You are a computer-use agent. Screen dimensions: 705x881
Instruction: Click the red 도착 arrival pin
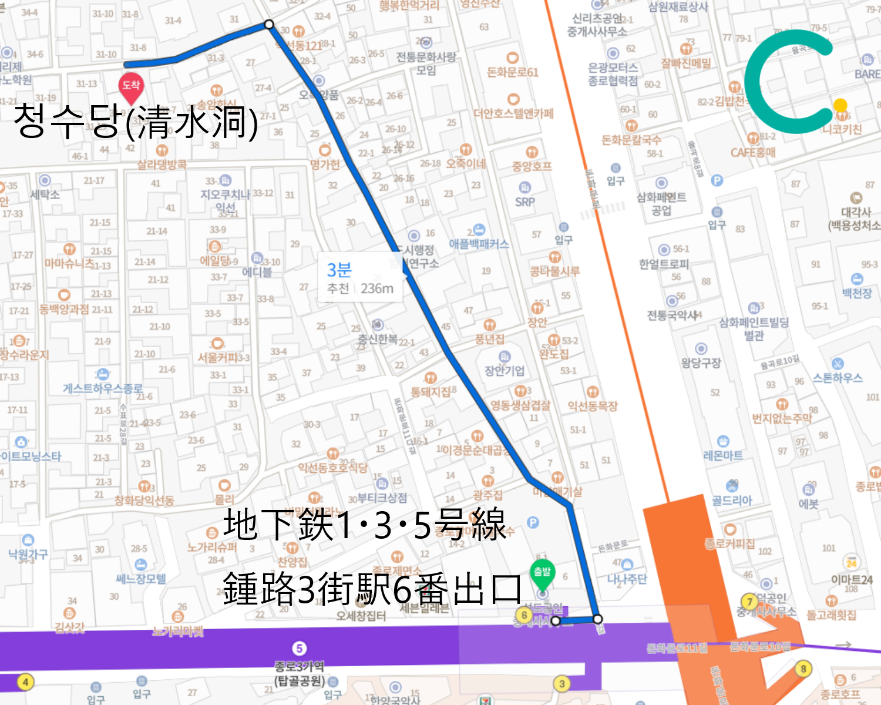[x=130, y=86]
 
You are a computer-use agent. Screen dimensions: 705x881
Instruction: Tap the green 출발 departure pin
[x=542, y=572]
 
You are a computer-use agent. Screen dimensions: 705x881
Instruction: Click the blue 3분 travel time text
[x=339, y=270]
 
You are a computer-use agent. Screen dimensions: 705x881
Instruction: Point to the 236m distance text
[x=377, y=289]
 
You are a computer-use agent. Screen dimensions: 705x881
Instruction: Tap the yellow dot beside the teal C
[x=840, y=105]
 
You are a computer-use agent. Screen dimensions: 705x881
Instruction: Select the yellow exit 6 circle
[x=524, y=615]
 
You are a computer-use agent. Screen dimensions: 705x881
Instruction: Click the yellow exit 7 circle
[x=749, y=602]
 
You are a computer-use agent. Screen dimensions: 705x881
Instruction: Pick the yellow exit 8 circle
[x=803, y=669]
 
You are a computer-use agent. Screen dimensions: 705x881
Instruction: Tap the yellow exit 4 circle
[x=25, y=682]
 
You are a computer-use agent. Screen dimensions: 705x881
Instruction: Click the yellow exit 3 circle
[x=562, y=683]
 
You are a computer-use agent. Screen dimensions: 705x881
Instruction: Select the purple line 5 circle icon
[x=300, y=648]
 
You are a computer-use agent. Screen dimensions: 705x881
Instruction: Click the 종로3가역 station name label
[x=300, y=666]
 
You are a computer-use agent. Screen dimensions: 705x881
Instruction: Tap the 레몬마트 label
[x=723, y=455]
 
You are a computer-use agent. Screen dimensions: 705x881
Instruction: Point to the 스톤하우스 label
[x=838, y=378]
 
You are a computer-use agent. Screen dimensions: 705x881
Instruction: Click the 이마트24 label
[x=852, y=579]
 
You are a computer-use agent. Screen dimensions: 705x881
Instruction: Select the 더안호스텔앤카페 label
[x=513, y=113]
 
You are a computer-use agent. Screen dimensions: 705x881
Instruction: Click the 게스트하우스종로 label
[x=103, y=388]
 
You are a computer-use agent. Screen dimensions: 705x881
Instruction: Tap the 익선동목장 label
[x=593, y=406]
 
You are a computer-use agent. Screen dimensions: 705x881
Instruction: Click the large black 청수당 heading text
[x=135, y=122]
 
